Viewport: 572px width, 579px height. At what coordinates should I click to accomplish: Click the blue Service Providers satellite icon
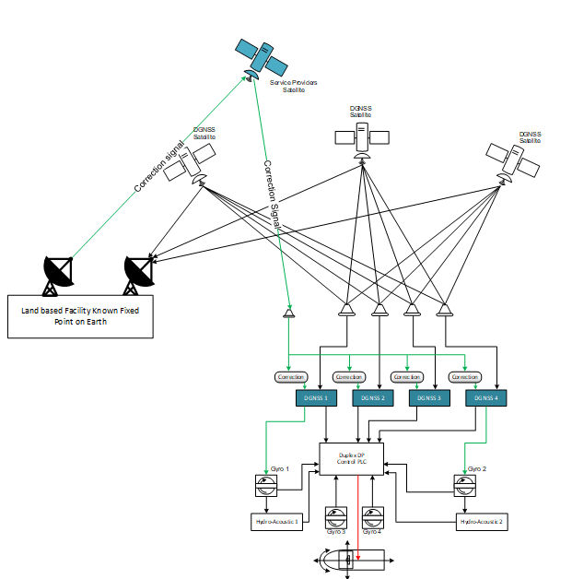coord(261,58)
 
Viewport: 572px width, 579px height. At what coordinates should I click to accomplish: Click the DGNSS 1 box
coord(316,398)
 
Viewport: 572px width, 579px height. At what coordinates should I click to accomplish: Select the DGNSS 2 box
coord(373,398)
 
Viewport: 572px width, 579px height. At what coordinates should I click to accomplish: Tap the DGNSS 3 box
coord(429,398)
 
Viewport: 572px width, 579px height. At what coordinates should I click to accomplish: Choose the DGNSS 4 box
coord(485,398)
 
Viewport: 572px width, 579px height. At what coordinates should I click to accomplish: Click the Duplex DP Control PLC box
coord(351,458)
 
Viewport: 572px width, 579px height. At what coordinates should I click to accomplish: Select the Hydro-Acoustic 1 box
coord(277,522)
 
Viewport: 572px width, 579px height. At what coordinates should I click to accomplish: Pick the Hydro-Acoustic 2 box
coord(482,522)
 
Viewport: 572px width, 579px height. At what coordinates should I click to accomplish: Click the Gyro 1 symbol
coord(266,486)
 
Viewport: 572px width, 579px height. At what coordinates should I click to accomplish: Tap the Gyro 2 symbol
coord(464,486)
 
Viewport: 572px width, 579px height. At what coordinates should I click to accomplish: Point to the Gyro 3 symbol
coord(336,516)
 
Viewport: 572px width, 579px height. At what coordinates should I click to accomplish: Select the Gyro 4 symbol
coord(372,516)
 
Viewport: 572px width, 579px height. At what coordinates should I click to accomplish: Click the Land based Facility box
coord(80,316)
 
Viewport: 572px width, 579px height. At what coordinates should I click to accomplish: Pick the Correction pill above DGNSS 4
coord(464,377)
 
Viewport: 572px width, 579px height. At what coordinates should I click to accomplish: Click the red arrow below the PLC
coord(358,516)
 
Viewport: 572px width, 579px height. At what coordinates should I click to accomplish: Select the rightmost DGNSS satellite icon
coord(514,160)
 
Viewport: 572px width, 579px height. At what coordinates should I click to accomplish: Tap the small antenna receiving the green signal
coord(288,313)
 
